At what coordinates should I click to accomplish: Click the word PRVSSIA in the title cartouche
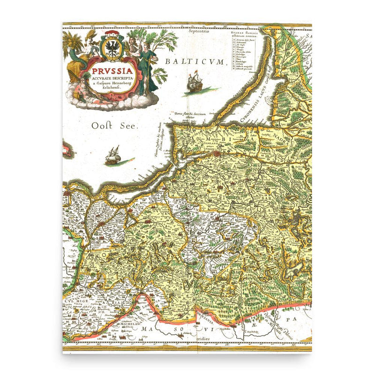pos(111,70)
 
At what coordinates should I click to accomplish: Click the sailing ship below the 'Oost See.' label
pos(112,156)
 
